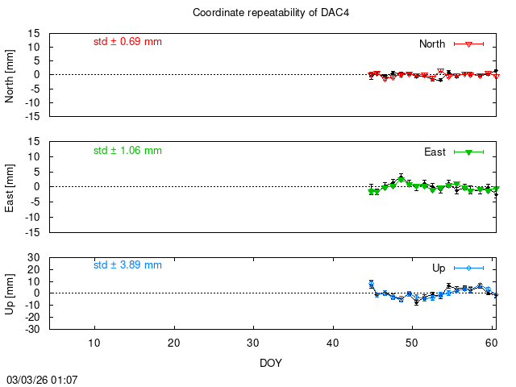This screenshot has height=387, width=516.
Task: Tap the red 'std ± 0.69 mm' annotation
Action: pyautogui.click(x=127, y=41)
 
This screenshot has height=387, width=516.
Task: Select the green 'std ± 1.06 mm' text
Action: pyautogui.click(x=127, y=150)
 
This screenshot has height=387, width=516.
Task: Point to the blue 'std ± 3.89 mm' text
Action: pyautogui.click(x=127, y=264)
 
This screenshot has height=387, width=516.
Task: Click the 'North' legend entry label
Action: pyautogui.click(x=432, y=44)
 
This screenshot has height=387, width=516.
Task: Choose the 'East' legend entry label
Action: pyautogui.click(x=435, y=152)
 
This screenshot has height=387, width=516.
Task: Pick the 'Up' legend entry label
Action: pyautogui.click(x=439, y=268)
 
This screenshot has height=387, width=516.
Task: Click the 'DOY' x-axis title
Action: pyautogui.click(x=271, y=363)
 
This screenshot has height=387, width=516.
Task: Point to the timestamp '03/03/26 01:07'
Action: pyautogui.click(x=43, y=379)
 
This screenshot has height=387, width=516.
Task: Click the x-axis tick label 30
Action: pyautogui.click(x=253, y=343)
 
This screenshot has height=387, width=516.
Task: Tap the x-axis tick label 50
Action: pyautogui.click(x=412, y=343)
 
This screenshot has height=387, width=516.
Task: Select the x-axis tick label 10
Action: pyautogui.click(x=94, y=343)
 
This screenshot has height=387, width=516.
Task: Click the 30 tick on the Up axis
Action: pyautogui.click(x=35, y=258)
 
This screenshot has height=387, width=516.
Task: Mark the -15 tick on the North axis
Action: pyautogui.click(x=33, y=116)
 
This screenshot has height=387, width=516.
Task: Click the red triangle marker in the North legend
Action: pyautogui.click(x=468, y=44)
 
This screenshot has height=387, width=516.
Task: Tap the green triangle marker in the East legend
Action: pyautogui.click(x=468, y=152)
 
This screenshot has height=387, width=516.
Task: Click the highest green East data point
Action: pyautogui.click(x=401, y=178)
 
